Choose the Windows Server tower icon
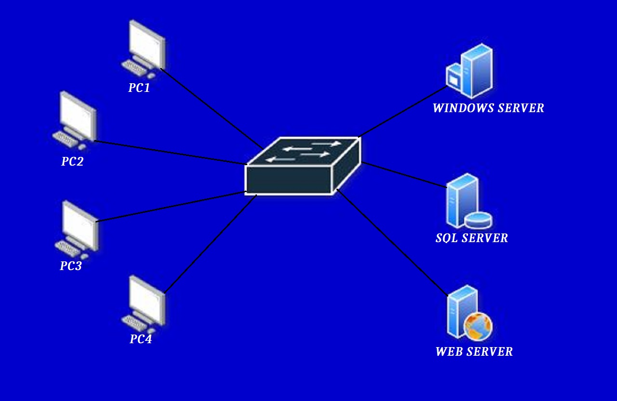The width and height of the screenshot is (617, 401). coord(470,71)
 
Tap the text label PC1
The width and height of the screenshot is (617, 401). coord(139,88)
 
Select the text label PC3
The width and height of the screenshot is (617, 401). coord(71,266)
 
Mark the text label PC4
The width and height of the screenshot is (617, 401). coord(141,339)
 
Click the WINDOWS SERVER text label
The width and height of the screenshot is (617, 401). coord(488,108)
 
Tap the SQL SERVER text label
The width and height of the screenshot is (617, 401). coord(471,238)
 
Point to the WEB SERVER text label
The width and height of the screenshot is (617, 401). coord(474,352)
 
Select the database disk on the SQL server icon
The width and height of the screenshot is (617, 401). coord(478,220)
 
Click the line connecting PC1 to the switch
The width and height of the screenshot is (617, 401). coord(212,109)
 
